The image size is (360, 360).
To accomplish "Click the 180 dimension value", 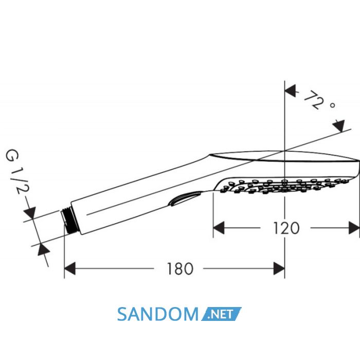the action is (180, 269).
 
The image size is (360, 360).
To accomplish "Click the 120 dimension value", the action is (286, 228).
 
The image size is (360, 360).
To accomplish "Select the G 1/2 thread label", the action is (17, 172).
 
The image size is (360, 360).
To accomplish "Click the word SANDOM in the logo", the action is (158, 314).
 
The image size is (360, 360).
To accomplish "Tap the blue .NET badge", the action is (221, 314).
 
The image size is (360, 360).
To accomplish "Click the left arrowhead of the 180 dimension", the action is (70, 268).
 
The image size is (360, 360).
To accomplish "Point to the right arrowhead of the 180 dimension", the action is (279, 268).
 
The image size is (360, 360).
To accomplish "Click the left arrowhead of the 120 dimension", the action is (219, 228).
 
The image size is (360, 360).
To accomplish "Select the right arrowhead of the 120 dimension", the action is (354, 228).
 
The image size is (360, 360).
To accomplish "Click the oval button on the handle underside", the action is (185, 199).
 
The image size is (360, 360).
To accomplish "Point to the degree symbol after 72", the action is (332, 105).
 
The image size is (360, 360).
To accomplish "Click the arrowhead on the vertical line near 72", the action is (290, 91).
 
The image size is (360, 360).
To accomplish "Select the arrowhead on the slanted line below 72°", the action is (339, 126).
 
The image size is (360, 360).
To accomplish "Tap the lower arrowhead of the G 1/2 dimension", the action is (44, 249).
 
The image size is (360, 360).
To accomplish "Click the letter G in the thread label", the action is (12, 156).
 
